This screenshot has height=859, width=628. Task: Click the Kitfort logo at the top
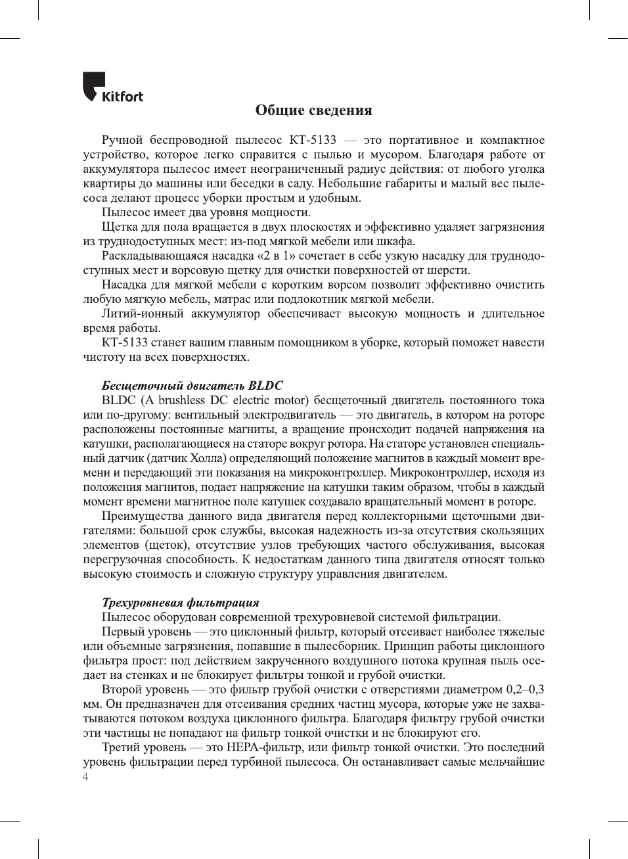tap(112, 87)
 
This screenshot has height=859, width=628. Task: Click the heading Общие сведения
tap(313, 110)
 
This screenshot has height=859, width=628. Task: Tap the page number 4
tap(85, 778)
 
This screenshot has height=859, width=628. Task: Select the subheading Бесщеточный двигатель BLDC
tap(192, 386)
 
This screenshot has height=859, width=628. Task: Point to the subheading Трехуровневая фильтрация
tap(180, 603)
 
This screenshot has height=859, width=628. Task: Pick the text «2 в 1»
tap(277, 256)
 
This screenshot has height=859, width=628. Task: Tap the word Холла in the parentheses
tap(208, 458)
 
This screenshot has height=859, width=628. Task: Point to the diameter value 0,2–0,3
tap(525, 689)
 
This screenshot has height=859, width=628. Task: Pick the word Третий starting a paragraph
tap(122, 747)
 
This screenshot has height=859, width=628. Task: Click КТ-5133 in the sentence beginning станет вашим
tap(124, 342)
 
